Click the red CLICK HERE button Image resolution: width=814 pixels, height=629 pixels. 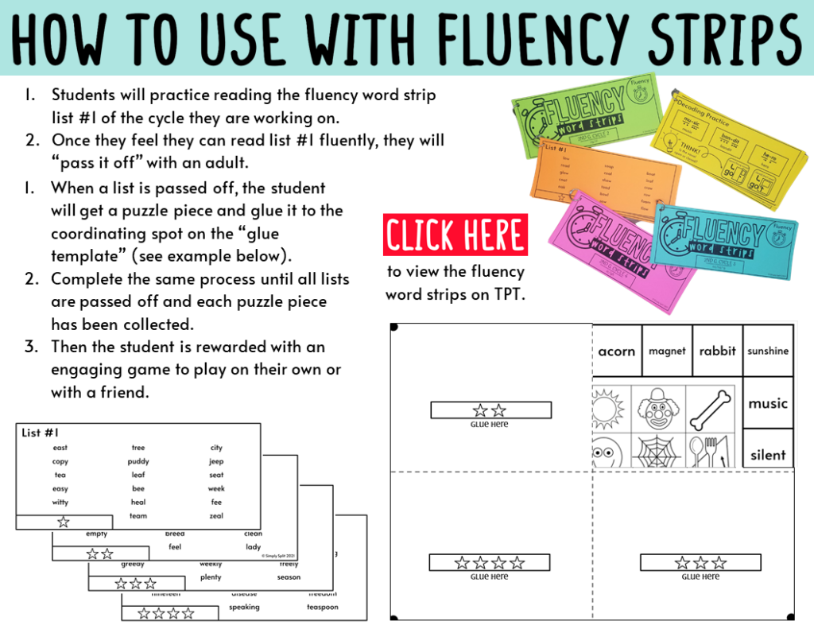[x=455, y=235]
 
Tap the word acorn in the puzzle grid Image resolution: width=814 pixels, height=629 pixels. [x=617, y=351]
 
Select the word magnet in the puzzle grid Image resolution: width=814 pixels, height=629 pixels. [x=667, y=351]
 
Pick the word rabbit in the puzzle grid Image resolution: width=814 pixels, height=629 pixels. [x=717, y=351]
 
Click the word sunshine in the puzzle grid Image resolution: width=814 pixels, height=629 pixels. [x=768, y=351]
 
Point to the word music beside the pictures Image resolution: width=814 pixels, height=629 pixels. [x=768, y=403]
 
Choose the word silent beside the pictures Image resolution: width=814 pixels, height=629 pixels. [x=768, y=455]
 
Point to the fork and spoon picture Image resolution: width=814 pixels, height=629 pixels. [x=707, y=452]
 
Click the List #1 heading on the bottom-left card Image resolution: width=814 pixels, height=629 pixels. [x=41, y=433]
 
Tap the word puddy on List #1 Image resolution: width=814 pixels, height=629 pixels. [x=138, y=461]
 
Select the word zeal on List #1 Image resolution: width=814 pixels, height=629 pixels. [x=216, y=516]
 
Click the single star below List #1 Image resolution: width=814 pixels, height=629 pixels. [x=64, y=522]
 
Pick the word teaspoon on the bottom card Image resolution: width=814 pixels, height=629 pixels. [x=323, y=608]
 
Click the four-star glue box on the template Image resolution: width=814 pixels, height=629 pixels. [x=490, y=563]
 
